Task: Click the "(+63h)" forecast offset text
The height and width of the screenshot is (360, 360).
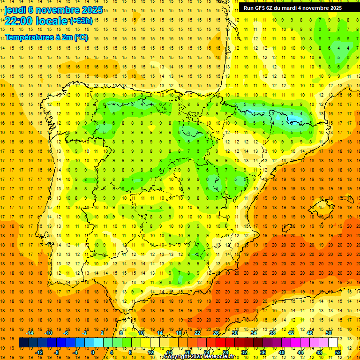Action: click(81, 21)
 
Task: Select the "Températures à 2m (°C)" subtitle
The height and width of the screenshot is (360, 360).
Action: click(46, 37)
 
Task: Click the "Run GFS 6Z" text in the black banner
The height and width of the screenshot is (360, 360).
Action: click(260, 8)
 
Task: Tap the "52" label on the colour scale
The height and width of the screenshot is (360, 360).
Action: click(337, 352)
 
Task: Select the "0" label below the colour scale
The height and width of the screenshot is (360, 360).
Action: click(93, 352)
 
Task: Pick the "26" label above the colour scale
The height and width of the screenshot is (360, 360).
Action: click(216, 333)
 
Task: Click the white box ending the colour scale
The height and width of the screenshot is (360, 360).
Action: click(333, 343)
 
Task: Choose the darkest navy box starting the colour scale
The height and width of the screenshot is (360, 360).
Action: click(23, 343)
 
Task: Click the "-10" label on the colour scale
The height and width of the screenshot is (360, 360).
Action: click(48, 333)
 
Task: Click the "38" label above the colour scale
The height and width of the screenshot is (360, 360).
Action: click(272, 333)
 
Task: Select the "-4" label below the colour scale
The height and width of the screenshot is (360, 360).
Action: click(75, 352)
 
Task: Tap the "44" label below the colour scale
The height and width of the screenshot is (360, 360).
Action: click(300, 352)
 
